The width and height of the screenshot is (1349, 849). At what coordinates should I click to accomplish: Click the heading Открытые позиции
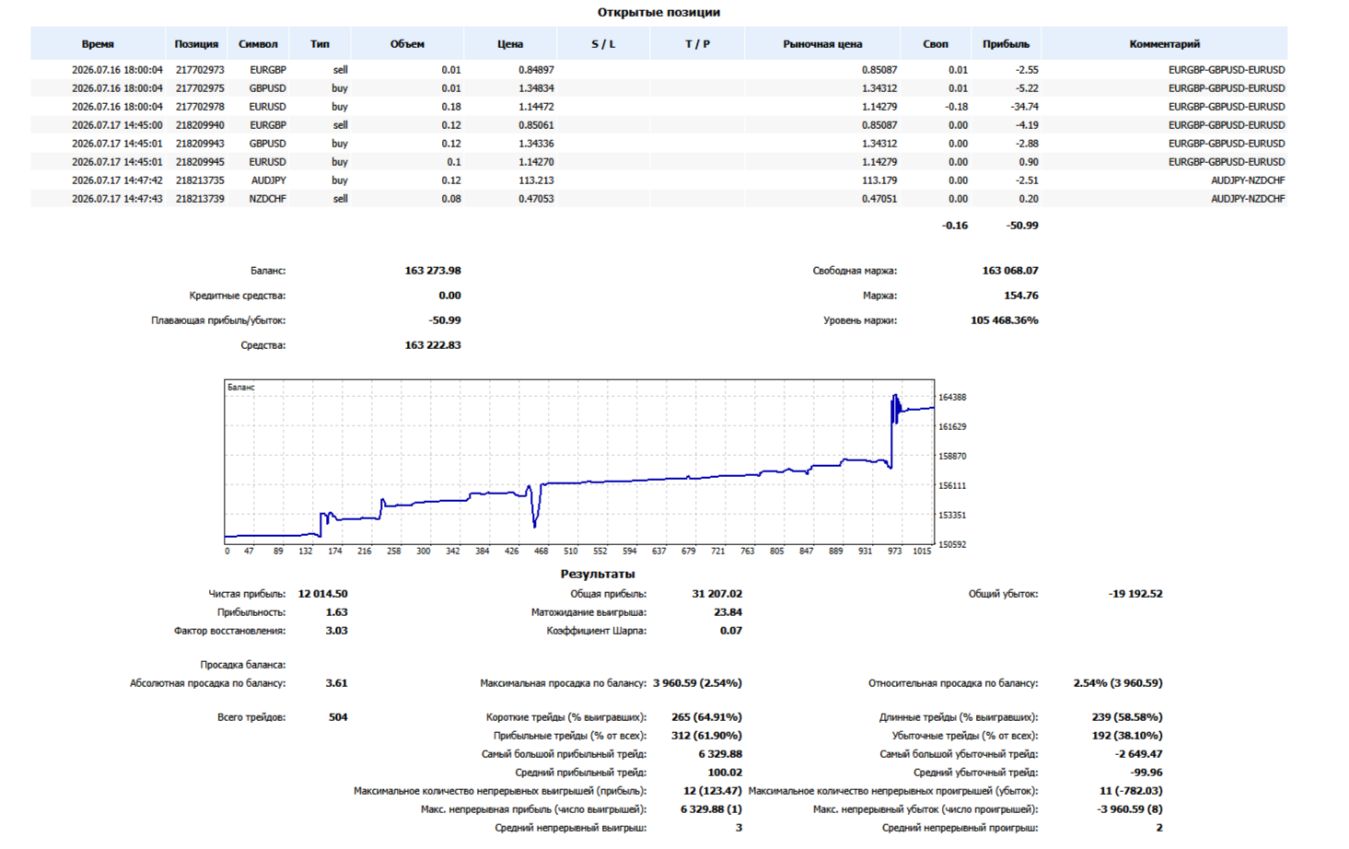[658, 12]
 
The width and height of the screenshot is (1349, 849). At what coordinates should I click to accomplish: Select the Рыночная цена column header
[822, 44]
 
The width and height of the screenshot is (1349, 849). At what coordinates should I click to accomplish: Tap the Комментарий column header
[1164, 44]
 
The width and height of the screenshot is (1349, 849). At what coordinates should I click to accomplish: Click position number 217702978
[200, 107]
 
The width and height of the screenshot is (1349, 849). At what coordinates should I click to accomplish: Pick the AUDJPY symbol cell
[269, 180]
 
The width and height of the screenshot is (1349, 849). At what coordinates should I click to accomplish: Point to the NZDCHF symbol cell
[267, 199]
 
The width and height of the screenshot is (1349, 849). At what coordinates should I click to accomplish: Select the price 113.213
[536, 180]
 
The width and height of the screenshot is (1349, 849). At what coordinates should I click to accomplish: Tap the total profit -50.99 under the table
[1022, 226]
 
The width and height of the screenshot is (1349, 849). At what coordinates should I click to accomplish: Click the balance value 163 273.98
[433, 271]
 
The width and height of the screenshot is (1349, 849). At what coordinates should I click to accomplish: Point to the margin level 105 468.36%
[1004, 320]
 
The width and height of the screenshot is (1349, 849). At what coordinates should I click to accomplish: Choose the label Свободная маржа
[854, 271]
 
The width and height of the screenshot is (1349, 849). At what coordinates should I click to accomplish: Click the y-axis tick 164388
[952, 397]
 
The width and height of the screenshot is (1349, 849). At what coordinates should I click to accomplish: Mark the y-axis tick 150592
[952, 544]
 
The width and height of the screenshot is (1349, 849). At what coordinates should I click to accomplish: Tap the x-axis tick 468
[541, 551]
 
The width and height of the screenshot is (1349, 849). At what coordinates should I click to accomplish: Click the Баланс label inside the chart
[241, 387]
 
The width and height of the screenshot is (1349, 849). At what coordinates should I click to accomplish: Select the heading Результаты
[598, 574]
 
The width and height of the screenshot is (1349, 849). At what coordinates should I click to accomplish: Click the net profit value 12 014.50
[323, 594]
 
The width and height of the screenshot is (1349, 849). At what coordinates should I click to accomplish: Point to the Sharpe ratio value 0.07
[730, 631]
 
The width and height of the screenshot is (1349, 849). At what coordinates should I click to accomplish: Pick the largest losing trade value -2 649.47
[1138, 754]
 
